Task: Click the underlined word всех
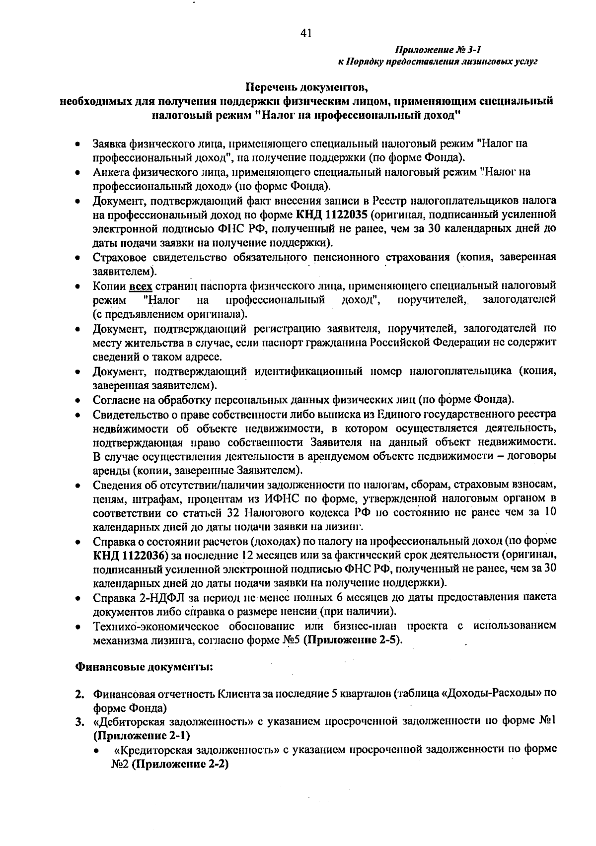tap(141, 286)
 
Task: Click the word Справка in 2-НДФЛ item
tap(111, 597)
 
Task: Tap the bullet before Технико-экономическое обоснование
tap(78, 627)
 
